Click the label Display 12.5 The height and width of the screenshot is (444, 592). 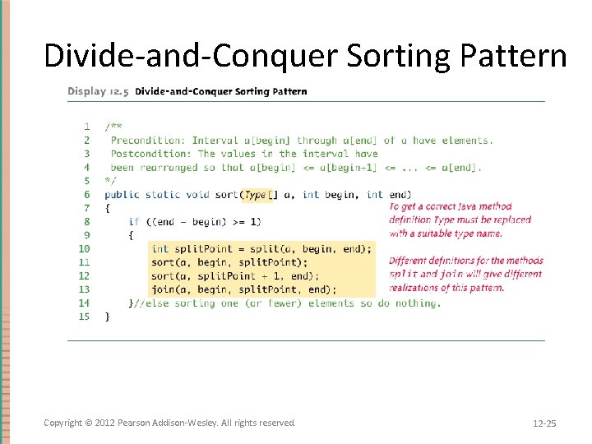click(x=98, y=91)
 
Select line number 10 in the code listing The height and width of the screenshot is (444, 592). click(x=84, y=248)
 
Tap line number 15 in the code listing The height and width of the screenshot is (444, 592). click(x=84, y=317)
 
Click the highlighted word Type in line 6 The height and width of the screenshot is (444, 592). click(x=256, y=195)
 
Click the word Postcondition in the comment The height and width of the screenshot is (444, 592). click(x=150, y=154)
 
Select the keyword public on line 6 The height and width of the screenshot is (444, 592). click(x=122, y=195)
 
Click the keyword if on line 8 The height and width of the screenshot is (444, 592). click(x=134, y=221)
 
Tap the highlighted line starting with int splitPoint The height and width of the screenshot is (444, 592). click(x=261, y=248)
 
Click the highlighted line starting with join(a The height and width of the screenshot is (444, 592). click(x=243, y=289)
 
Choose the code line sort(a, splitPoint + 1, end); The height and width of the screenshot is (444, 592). click(x=234, y=275)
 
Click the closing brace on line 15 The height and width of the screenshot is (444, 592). click(x=108, y=317)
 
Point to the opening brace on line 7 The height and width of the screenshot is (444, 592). click(x=108, y=209)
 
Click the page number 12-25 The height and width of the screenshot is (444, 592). click(x=543, y=423)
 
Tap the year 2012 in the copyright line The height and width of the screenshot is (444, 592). click(x=104, y=423)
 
